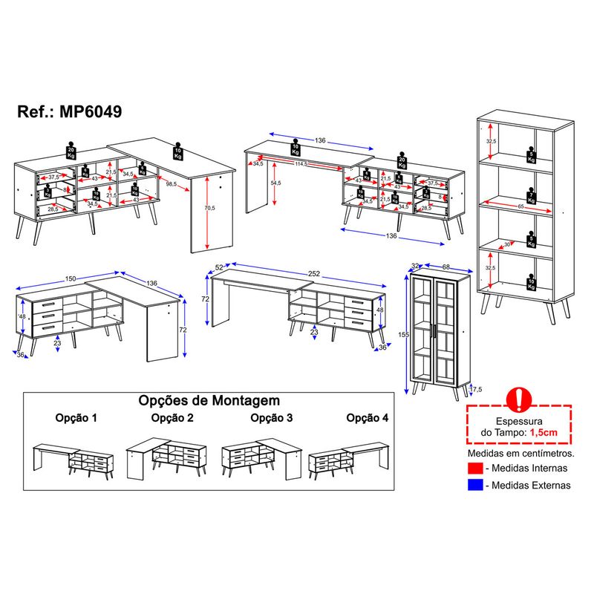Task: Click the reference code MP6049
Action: point(90,111)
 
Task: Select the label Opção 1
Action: point(76,418)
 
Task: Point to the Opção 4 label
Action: point(367,418)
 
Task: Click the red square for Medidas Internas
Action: point(475,468)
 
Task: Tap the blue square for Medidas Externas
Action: point(475,485)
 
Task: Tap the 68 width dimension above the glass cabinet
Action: point(444,266)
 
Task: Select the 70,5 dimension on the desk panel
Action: point(210,209)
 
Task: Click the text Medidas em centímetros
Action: point(520,451)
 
